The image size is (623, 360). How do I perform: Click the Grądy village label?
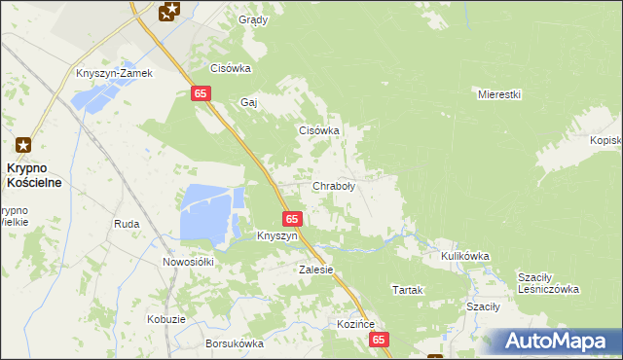coord(253,19)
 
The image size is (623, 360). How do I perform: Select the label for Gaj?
coord(248,101)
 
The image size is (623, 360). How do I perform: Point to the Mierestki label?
coord(500,94)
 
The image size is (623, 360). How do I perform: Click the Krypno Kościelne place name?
coord(35,175)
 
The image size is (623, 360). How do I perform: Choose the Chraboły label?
coord(333,186)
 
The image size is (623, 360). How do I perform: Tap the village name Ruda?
coord(127,224)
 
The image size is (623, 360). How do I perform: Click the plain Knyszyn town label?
coord(277,235)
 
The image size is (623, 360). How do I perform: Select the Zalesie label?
coord(316,270)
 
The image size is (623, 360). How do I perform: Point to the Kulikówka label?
coord(464,256)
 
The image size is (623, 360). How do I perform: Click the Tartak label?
coord(407,290)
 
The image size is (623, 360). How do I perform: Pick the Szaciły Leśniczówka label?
coord(549,282)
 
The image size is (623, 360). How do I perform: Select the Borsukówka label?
coord(235,343)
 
